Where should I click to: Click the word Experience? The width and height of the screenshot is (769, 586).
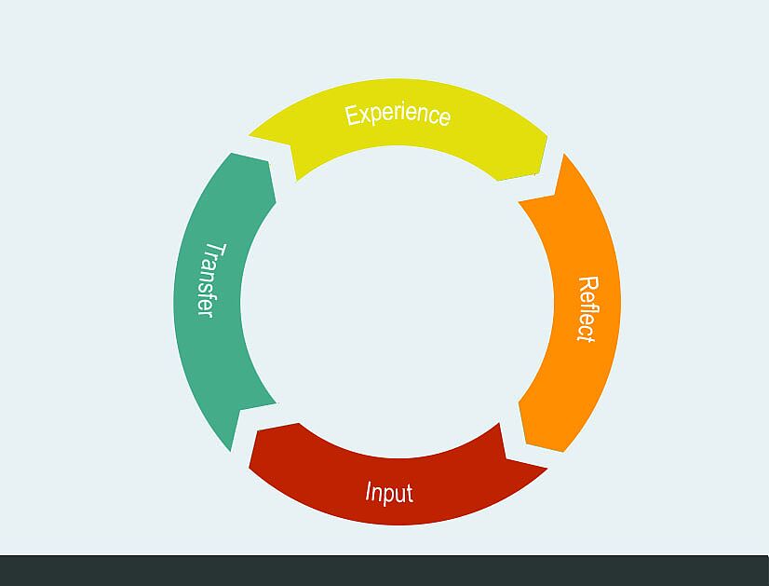398,116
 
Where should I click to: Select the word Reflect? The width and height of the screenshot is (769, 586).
587,308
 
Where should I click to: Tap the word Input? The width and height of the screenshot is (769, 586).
389,493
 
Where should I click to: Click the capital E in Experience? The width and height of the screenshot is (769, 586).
353,116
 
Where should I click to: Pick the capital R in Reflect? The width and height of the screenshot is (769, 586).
588,284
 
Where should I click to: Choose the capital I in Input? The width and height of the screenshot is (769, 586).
370,491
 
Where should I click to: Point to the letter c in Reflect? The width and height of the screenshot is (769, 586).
585,327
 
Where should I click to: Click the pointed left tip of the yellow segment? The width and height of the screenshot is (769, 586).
249,134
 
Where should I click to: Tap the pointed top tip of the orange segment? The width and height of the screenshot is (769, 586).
564,154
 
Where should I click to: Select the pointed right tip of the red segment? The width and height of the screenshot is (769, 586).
547,469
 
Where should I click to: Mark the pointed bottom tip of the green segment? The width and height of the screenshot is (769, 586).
231,451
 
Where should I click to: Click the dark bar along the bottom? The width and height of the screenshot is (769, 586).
384,571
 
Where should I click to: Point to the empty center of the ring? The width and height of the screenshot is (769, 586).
398,302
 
